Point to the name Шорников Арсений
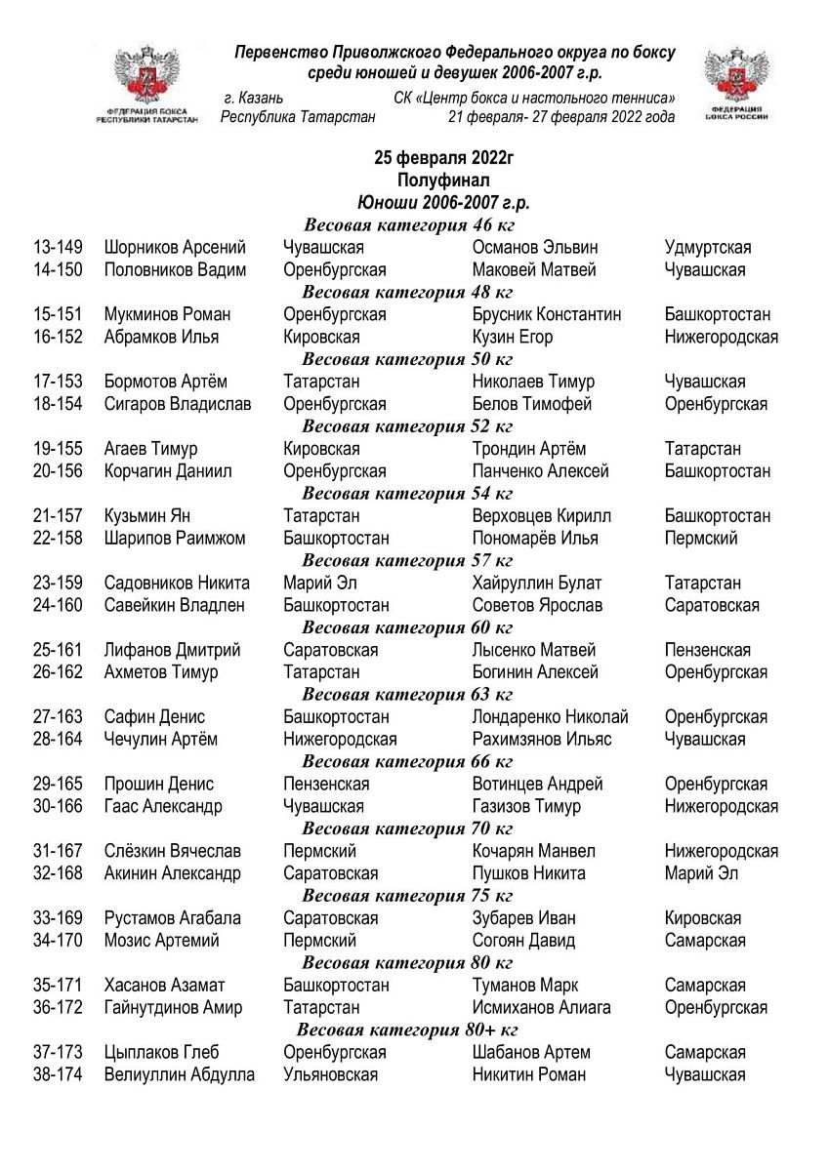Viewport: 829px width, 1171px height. coord(175,248)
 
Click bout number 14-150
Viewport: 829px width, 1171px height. coord(58,270)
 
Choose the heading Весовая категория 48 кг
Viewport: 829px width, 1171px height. coord(407,292)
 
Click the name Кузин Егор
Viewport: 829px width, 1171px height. coord(512,338)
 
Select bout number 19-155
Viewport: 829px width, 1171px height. coord(58,449)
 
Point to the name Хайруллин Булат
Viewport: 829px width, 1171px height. coord(536,584)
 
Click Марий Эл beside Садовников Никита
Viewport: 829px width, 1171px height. coord(317,584)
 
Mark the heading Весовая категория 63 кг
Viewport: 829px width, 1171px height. coord(407,695)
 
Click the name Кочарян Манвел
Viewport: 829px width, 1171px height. coord(533,852)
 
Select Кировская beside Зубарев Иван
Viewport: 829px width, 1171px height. coord(702,918)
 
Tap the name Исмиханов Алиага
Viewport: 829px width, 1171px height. coord(541,1008)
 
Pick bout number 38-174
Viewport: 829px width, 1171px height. coord(58,1075)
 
